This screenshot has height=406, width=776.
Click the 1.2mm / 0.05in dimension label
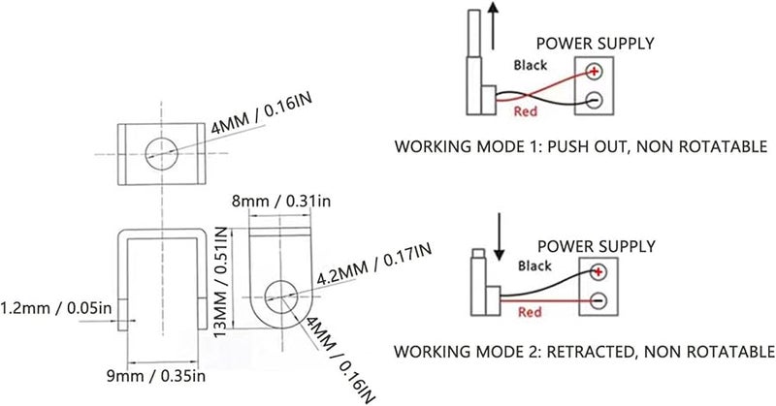(56, 308)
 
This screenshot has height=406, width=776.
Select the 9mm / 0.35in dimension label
(156, 376)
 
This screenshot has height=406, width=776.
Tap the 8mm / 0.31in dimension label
(281, 202)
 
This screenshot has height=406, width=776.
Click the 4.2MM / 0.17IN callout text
(373, 263)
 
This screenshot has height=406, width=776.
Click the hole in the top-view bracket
(162, 153)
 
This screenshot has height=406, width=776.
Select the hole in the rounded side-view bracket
(281, 297)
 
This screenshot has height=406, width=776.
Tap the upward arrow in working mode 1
(493, 25)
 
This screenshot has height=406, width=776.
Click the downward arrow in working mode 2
(500, 236)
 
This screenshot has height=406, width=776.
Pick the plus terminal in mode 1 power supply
(594, 71)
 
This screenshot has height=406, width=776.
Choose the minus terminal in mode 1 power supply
(594, 101)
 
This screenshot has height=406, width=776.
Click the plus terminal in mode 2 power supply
(598, 271)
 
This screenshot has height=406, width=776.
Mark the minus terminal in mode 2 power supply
(598, 300)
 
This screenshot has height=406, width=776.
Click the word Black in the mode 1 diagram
(530, 65)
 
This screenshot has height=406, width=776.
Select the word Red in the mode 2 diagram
(530, 312)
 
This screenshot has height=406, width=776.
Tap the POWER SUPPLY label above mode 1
(595, 44)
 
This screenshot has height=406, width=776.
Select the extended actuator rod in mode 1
(474, 33)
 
